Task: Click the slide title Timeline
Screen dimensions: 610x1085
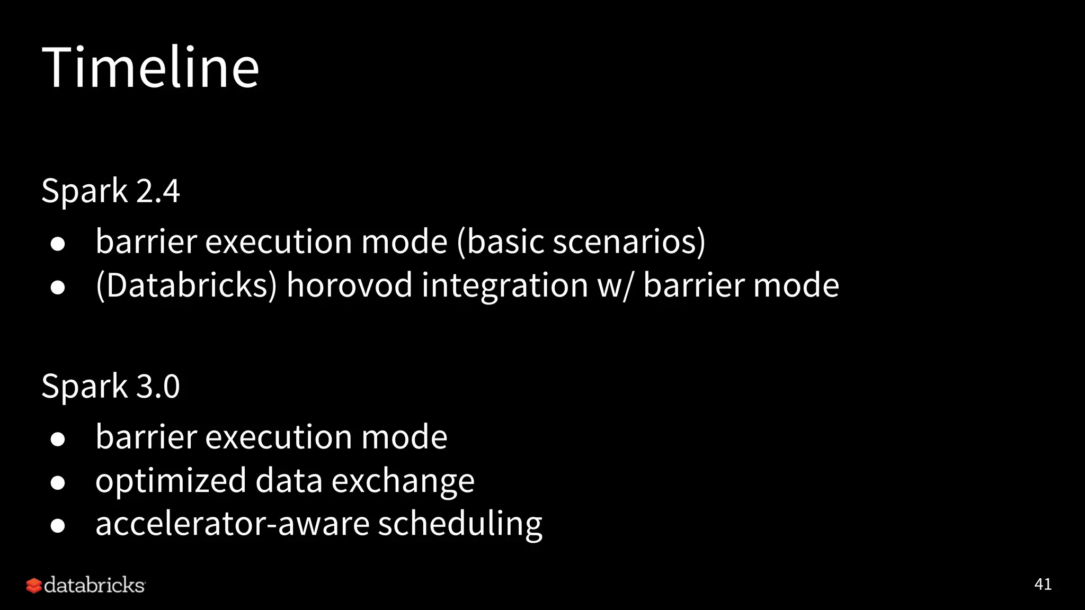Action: [x=150, y=67]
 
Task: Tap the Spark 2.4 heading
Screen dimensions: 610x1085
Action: [x=111, y=191]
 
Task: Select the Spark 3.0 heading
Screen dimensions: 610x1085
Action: [x=111, y=386]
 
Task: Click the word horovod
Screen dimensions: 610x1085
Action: [x=349, y=285]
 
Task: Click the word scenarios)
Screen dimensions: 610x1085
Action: [x=629, y=241]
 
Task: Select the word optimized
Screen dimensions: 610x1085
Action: [x=171, y=481]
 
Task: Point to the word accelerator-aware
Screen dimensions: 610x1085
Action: [x=232, y=524]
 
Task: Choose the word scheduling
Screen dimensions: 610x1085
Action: [x=460, y=524]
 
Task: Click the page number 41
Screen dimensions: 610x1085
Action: [x=1043, y=584]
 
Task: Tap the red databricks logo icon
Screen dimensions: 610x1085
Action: [x=34, y=586]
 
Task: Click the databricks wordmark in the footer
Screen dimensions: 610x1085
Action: [x=94, y=585]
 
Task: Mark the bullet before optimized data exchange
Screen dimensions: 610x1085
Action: [x=58, y=482]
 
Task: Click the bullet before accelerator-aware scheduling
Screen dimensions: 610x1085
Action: [x=58, y=526]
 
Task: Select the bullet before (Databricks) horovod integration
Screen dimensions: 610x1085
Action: [x=58, y=287]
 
